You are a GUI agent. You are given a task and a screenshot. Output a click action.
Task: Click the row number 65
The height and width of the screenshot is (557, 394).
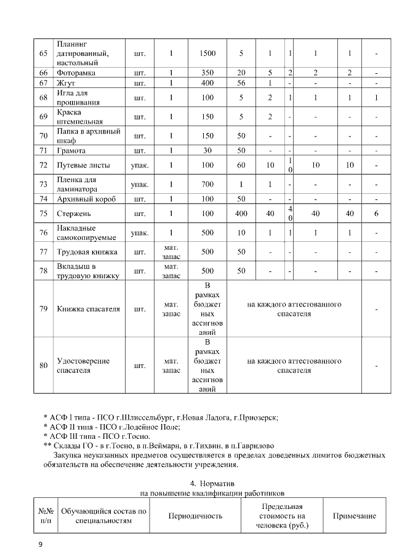pyautogui.click(x=43, y=54)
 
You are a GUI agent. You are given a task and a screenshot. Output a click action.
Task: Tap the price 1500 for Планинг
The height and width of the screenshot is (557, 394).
pyautogui.click(x=208, y=54)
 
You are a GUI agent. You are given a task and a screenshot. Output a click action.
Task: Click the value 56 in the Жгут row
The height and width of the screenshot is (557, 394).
pyautogui.click(x=241, y=83)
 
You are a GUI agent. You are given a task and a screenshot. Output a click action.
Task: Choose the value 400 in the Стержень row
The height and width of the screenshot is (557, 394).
pyautogui.click(x=241, y=214)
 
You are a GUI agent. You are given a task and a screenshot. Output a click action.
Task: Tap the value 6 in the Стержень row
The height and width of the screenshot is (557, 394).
pyautogui.click(x=376, y=214)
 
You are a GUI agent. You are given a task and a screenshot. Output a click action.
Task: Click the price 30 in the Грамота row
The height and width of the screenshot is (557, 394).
pyautogui.click(x=208, y=151)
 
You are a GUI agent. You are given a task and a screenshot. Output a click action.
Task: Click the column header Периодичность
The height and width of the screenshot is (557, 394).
pyautogui.click(x=195, y=516)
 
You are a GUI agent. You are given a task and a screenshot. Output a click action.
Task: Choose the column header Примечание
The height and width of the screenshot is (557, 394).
pyautogui.click(x=354, y=516)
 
